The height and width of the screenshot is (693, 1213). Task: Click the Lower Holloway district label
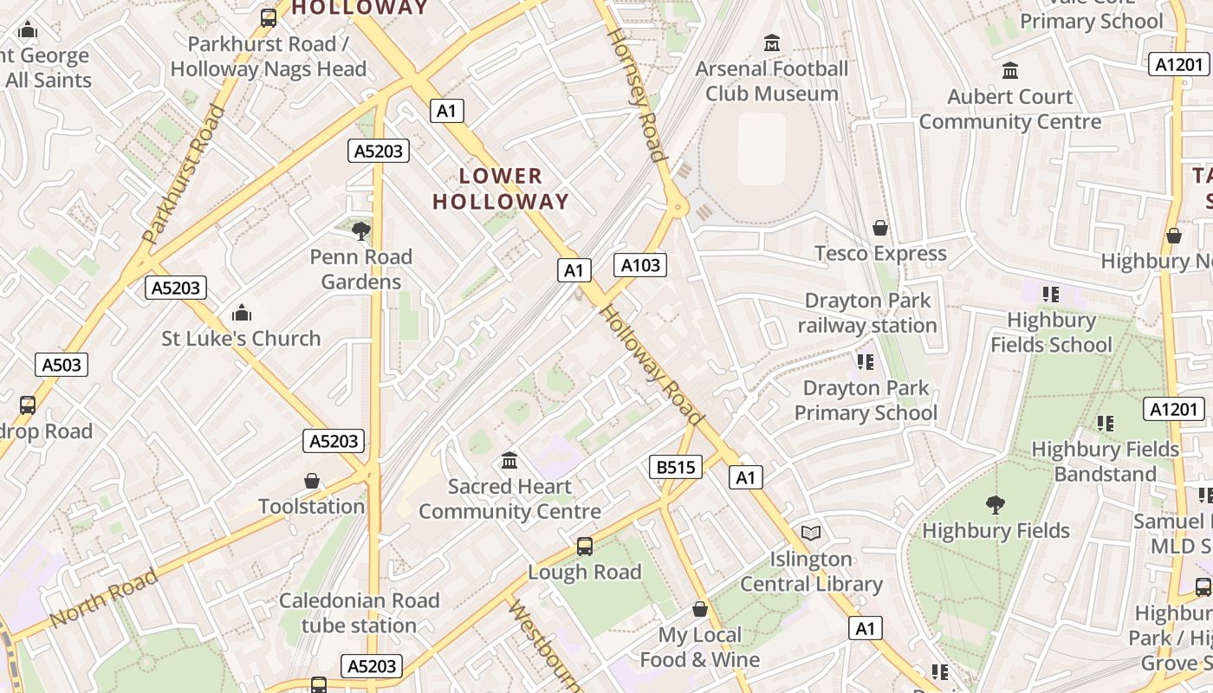(x=500, y=189)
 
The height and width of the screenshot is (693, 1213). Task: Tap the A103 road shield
(x=640, y=265)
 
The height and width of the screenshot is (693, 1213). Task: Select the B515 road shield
(x=675, y=468)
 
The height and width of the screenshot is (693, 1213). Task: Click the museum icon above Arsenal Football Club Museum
(x=772, y=42)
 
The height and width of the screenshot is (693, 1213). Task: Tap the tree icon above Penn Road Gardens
(x=361, y=230)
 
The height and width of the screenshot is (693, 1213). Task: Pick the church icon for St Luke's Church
(x=242, y=312)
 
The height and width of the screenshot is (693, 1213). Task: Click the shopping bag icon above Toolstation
(x=312, y=481)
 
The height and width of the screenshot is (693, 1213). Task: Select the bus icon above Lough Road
(x=585, y=546)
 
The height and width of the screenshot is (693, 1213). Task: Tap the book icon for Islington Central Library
(x=811, y=533)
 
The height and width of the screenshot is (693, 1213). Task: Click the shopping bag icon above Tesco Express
(x=880, y=228)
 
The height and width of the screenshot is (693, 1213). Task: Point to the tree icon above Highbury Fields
(x=996, y=504)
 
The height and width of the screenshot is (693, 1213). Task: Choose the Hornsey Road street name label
(x=637, y=95)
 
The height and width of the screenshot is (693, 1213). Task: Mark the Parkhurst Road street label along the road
(x=183, y=173)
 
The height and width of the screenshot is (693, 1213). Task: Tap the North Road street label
(x=104, y=598)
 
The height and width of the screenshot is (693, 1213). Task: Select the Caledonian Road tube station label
(x=359, y=612)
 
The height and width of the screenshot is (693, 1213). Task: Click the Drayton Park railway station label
(x=867, y=313)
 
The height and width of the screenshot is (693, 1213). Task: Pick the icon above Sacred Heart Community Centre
(x=509, y=460)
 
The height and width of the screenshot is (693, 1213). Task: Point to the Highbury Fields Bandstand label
(x=1106, y=462)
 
